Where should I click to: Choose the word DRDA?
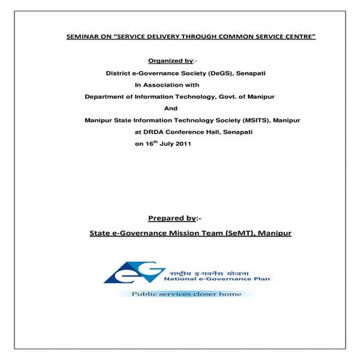click(153, 132)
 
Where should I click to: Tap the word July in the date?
click(166, 145)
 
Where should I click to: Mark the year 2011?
click(183, 145)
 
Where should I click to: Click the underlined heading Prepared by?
click(172, 218)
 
